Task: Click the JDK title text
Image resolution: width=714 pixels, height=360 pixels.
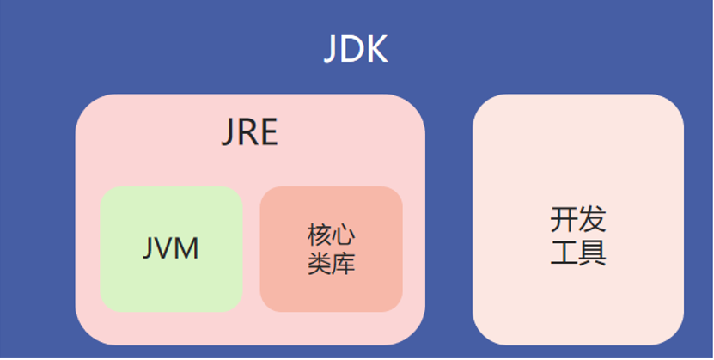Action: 356,50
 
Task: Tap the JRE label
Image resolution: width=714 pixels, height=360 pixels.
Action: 250,133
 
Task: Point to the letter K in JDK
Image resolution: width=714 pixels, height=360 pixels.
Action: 376,50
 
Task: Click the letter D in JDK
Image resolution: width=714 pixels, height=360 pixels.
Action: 352,50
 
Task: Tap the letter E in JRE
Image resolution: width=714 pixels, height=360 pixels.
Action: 268,133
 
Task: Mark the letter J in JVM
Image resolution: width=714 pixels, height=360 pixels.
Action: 150,249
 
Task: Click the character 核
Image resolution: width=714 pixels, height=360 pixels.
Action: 320,235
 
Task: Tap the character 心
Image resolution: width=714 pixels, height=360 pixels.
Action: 344,235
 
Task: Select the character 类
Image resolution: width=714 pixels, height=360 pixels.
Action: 320,263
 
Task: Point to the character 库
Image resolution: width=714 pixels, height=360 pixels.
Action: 344,263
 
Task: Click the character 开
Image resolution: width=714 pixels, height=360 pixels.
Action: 564,220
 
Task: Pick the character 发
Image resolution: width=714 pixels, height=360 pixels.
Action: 592,220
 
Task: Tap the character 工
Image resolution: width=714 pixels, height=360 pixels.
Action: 564,253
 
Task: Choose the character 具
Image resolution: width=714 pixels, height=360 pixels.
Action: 592,253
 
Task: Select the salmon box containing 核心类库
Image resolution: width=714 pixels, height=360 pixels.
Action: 331,292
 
